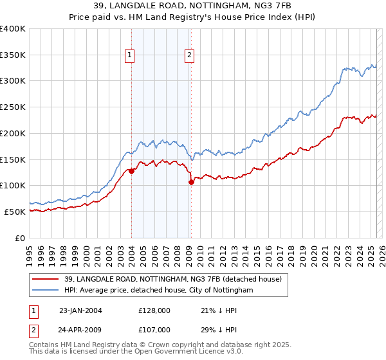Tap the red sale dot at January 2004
click(x=131, y=171)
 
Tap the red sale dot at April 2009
click(x=191, y=182)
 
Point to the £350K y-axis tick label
click(x=12, y=55)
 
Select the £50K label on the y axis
click(x=15, y=212)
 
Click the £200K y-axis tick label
click(x=12, y=133)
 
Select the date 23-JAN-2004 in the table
click(x=80, y=310)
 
